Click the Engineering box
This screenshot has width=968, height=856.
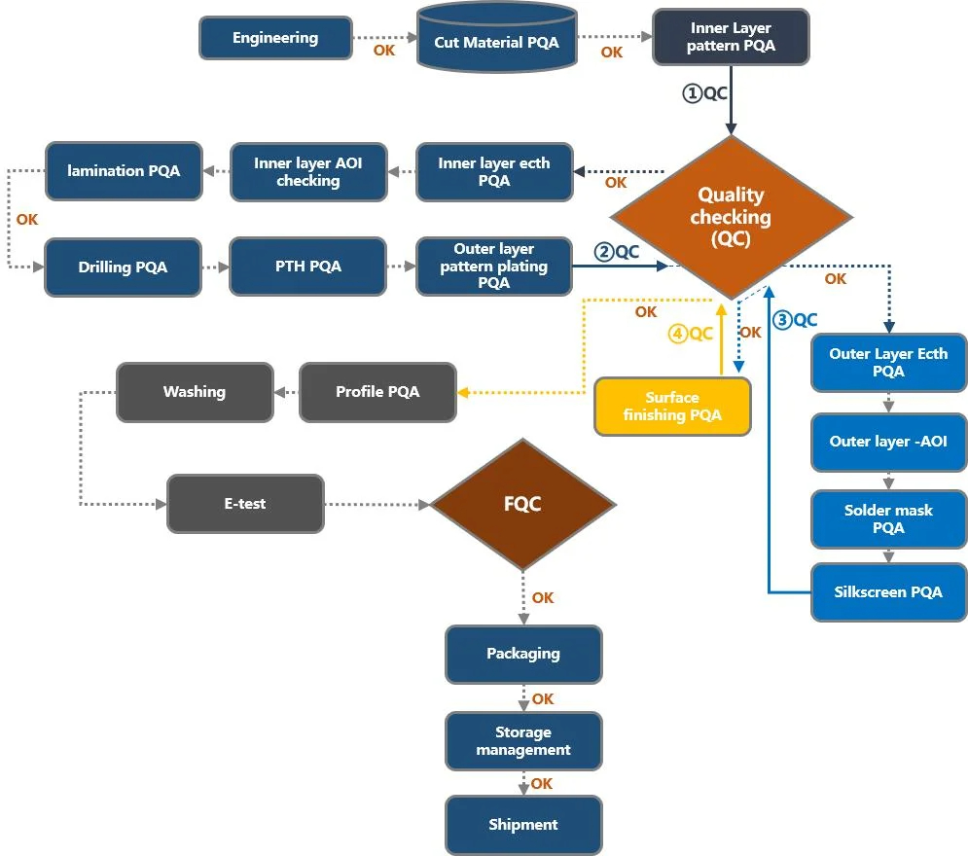point(275,38)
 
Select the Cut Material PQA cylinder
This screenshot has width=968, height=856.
point(496,41)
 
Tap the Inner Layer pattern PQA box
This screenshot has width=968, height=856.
point(731,37)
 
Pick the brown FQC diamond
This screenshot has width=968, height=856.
point(522,504)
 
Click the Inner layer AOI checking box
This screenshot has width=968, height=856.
point(308,172)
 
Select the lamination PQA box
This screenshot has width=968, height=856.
point(124,171)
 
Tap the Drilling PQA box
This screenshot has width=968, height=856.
point(123,267)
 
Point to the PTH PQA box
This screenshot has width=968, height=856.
point(308,267)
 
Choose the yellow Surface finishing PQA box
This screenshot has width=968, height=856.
point(672,406)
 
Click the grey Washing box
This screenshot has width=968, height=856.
point(195,392)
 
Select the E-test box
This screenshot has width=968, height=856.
point(245,504)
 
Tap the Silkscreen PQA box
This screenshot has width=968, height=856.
point(888,591)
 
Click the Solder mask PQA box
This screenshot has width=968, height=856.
point(888,519)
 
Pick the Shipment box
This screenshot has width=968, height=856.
point(523,825)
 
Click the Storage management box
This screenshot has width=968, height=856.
point(523,741)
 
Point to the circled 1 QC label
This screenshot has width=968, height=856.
point(704,93)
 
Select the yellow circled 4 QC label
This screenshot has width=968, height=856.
point(691,334)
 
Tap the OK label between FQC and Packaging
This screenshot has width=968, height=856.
point(543,598)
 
